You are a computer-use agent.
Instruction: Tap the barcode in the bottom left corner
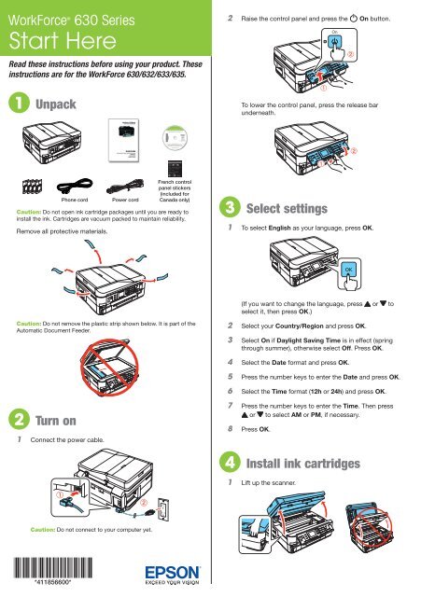pos(51,562)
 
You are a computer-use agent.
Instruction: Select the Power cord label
pos(124,199)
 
